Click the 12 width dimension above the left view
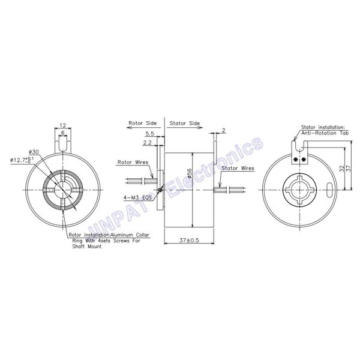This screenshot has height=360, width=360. click(62, 125)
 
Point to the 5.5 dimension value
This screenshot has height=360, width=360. click(150, 133)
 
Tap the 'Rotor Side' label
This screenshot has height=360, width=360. click(143, 122)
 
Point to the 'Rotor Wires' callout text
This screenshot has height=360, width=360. click(132, 161)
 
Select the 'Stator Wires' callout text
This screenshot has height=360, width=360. click(239, 169)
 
